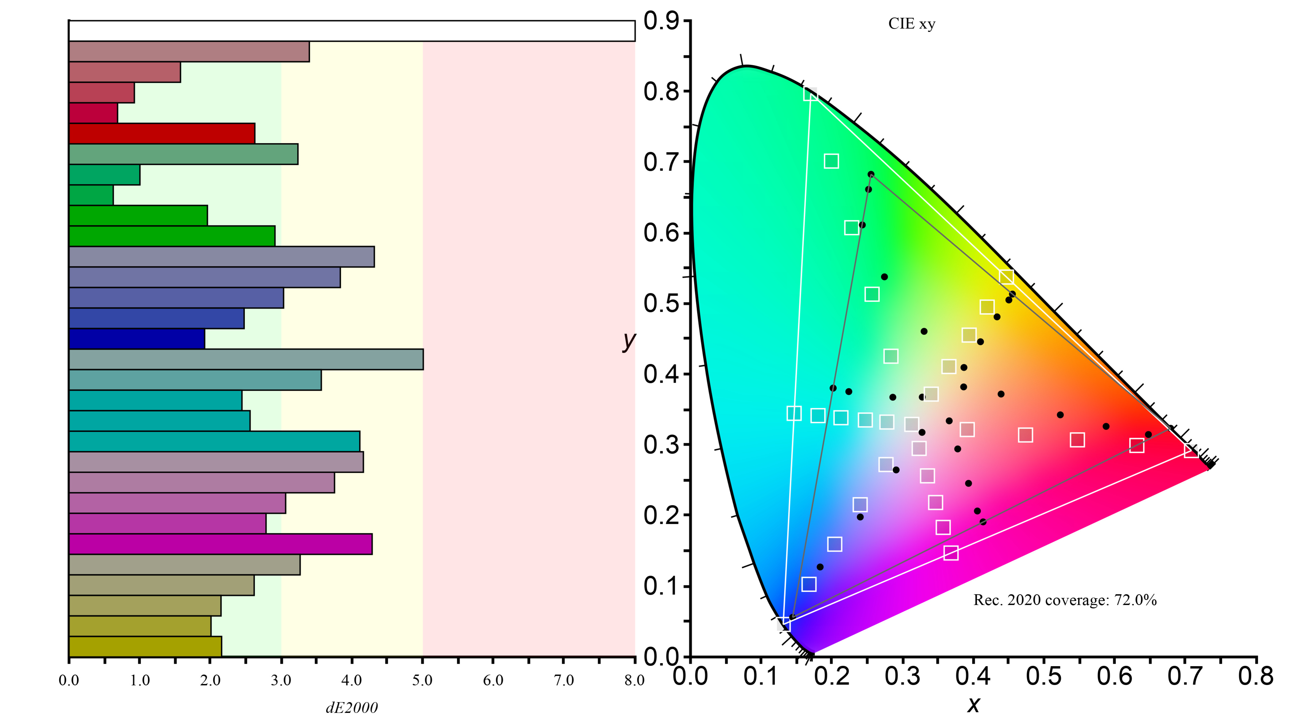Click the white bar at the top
351,31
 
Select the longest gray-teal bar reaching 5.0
245,359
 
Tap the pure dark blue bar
136,338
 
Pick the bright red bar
161,133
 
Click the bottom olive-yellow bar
145,646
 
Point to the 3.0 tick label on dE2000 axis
281,680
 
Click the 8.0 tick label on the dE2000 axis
634,680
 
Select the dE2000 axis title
351,707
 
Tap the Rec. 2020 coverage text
1064,599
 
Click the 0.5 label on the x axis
1044,676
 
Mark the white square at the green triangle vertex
810,94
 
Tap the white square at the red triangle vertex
1191,451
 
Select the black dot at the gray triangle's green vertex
871,174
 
